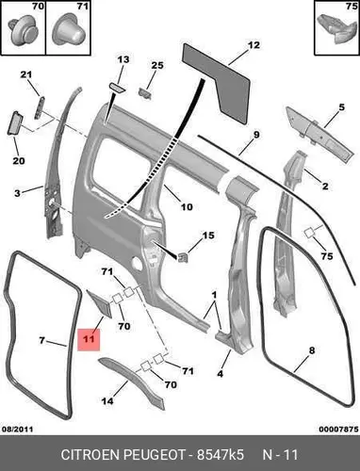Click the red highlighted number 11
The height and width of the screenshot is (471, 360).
(89, 339)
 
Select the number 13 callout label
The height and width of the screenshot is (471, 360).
(123, 59)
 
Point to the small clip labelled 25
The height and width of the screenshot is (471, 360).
(145, 93)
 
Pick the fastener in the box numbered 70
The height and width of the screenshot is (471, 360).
(23, 32)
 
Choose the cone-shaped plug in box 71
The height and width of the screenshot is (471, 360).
(69, 31)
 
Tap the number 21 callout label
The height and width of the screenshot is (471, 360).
(26, 74)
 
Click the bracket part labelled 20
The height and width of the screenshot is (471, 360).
(15, 123)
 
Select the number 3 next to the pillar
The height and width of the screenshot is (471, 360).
(17, 193)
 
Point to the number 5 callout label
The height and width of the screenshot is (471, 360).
(341, 107)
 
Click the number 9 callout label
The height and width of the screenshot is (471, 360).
(256, 135)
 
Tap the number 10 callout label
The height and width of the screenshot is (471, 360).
(187, 207)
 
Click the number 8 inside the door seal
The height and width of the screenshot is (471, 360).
(311, 350)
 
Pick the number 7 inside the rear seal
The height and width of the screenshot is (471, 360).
(41, 340)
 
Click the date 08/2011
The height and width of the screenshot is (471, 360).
(18, 430)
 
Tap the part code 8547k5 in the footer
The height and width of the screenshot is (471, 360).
(221, 455)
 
